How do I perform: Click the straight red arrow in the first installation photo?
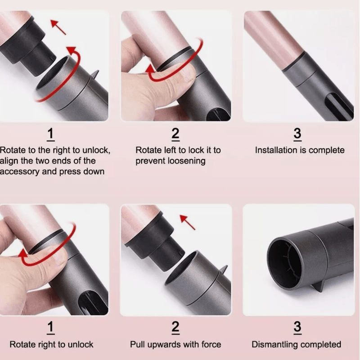58,27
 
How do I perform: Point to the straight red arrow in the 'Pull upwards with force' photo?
188,222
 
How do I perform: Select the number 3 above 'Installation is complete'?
297,134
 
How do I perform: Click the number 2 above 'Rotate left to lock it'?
175,134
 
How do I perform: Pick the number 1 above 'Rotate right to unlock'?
51,328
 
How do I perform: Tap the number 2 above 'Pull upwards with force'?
175,328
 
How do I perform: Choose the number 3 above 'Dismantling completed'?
297,328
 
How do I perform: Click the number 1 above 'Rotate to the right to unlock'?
51,134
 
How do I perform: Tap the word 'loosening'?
185,161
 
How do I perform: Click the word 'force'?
210,345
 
